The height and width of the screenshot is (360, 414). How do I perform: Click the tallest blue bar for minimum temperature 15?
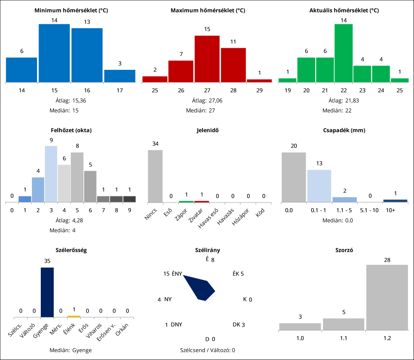[x=54, y=53]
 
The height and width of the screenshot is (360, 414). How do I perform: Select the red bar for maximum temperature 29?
[x=259, y=81]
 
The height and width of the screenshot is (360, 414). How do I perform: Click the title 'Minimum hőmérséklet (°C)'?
[x=71, y=10]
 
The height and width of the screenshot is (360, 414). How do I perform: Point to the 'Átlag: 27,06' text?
[x=207, y=100]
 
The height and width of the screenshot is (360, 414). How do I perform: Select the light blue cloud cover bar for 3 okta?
[x=51, y=174]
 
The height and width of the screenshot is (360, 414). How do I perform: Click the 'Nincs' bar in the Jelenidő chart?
[x=155, y=176]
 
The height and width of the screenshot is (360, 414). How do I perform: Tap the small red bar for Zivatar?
[x=202, y=202]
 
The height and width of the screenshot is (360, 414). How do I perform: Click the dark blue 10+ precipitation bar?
[x=395, y=201]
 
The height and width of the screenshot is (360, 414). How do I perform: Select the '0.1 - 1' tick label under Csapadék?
[x=319, y=210]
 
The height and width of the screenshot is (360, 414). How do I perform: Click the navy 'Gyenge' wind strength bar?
[x=47, y=292]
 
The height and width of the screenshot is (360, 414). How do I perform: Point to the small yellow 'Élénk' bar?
[x=74, y=316]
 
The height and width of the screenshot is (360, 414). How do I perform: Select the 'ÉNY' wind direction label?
[x=177, y=274]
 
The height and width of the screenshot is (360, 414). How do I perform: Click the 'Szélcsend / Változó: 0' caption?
[x=207, y=350]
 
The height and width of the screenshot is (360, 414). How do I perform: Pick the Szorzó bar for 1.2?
[x=387, y=298]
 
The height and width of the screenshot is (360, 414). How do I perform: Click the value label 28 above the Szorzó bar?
[x=387, y=260]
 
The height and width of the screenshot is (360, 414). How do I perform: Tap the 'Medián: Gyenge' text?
[x=70, y=350]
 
